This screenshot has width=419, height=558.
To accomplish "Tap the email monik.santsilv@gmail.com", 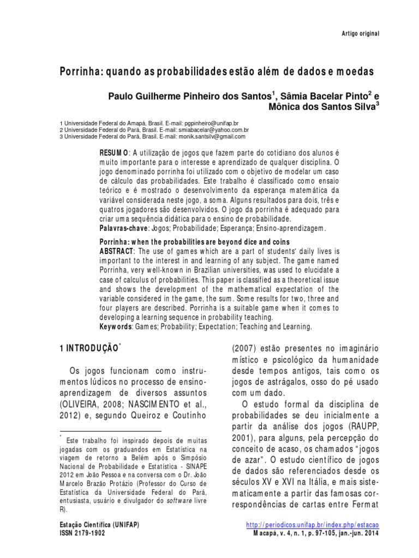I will tap(203, 137).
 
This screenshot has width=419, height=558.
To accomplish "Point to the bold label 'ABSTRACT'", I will tap(116, 251).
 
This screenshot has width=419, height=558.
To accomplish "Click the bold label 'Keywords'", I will tap(116, 326).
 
